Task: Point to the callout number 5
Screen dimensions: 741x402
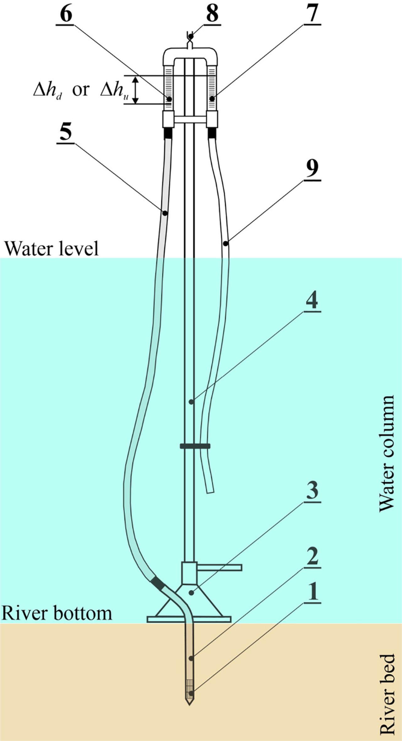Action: tap(65, 133)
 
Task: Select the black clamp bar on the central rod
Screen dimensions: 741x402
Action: tap(195, 446)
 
